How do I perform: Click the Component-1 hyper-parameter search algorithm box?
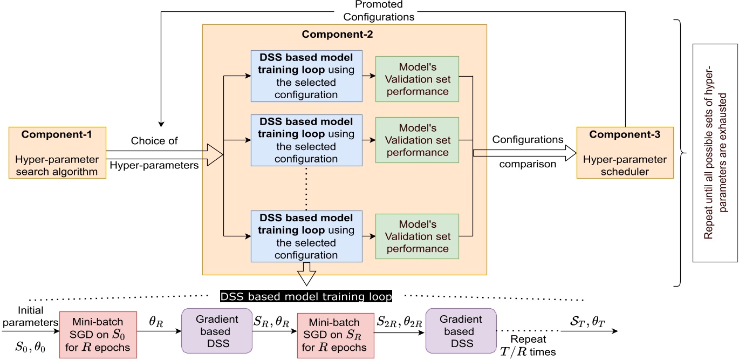(57, 153)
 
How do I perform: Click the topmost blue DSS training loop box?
(306, 76)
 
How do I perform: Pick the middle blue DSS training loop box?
(306, 140)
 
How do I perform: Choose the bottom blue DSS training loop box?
(306, 236)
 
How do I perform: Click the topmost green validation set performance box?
(416, 79)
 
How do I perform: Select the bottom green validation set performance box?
(416, 236)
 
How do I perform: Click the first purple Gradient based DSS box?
(217, 331)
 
